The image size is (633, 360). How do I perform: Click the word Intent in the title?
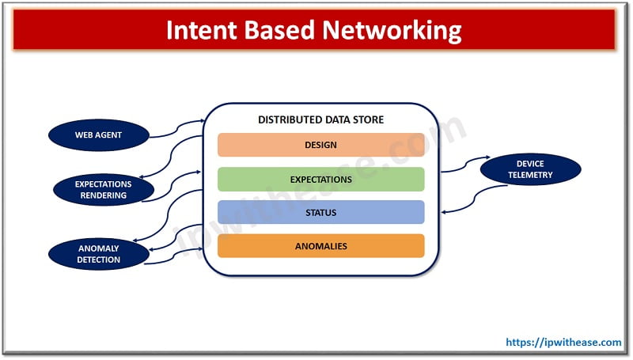201,30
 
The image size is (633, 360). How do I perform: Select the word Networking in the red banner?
392,32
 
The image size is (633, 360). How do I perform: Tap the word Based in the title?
279,30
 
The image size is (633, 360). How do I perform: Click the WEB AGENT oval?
99,135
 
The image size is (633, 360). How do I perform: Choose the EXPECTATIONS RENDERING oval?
104,190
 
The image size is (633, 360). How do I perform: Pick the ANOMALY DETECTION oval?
98,254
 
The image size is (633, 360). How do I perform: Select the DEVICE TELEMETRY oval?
530,169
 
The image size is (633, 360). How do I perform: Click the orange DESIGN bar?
321,145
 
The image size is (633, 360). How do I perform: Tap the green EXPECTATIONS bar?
321,179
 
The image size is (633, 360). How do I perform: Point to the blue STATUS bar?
321,212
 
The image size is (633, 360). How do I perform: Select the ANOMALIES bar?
321,246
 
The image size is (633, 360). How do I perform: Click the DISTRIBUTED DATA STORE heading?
321,119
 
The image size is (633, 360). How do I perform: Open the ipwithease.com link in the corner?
563,343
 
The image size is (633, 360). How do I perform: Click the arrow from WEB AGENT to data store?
177,127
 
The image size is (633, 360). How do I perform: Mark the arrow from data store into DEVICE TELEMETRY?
466,164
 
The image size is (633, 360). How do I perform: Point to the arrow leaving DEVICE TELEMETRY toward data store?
474,199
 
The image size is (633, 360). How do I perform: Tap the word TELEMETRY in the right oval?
530,175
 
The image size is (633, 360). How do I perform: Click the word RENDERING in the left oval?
104,195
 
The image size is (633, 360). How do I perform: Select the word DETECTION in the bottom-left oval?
98,260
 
